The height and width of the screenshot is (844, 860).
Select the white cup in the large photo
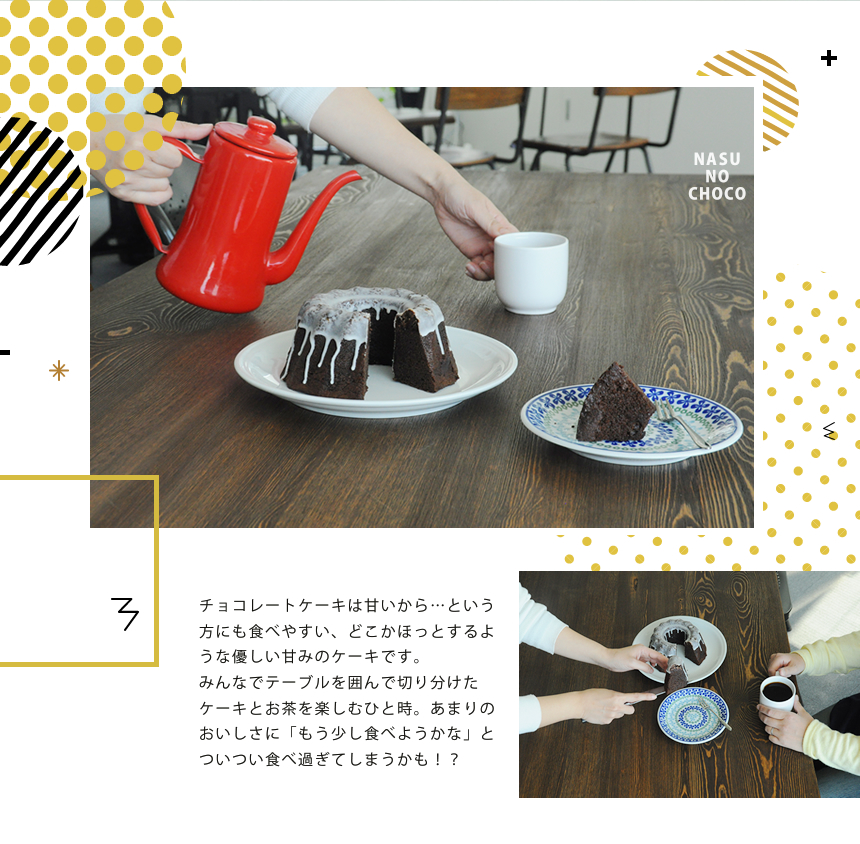coord(531,272)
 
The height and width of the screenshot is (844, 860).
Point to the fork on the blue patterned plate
coord(680,424)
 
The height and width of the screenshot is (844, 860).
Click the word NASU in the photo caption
coord(717,160)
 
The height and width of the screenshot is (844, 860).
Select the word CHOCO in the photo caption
coord(717,194)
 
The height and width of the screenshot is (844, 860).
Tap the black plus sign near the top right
coord(829,58)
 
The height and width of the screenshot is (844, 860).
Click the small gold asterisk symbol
coord(59,371)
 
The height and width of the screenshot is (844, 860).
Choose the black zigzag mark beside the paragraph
coord(125,612)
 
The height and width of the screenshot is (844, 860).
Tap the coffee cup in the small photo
coord(777,691)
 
